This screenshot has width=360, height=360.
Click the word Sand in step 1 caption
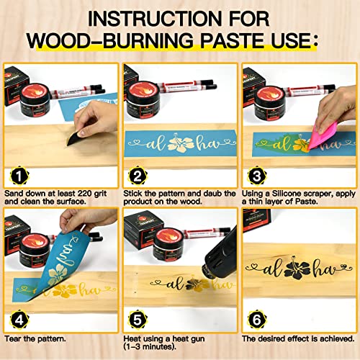[x=14, y=194]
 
